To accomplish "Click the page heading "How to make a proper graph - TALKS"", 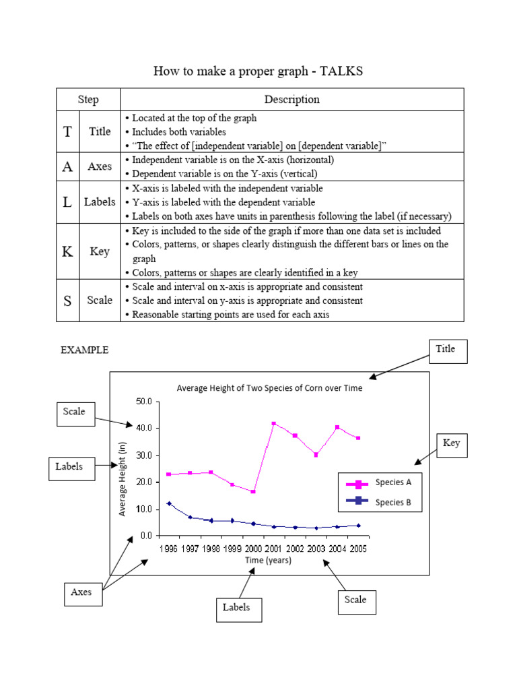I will pyautogui.click(x=258, y=71).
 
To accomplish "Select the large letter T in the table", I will pyautogui.click(x=67, y=131).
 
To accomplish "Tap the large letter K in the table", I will pyautogui.click(x=67, y=252).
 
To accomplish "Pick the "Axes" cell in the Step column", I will pyautogui.click(x=100, y=166).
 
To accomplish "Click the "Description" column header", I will pyautogui.click(x=291, y=100).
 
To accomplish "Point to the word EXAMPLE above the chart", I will pyautogui.click(x=85, y=350).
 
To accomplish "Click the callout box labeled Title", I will pyautogui.click(x=446, y=350).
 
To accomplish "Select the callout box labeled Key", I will pyautogui.click(x=450, y=443).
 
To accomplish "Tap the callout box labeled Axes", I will pyautogui.click(x=81, y=592).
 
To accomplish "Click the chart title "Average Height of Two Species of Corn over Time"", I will pyautogui.click(x=269, y=388).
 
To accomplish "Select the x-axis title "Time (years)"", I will pyautogui.click(x=268, y=561).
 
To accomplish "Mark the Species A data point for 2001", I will pyautogui.click(x=274, y=424).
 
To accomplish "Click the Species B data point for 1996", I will pyautogui.click(x=169, y=503).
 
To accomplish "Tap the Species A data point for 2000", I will pyautogui.click(x=253, y=492).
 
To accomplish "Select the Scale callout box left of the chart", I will pyautogui.click(x=74, y=412).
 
